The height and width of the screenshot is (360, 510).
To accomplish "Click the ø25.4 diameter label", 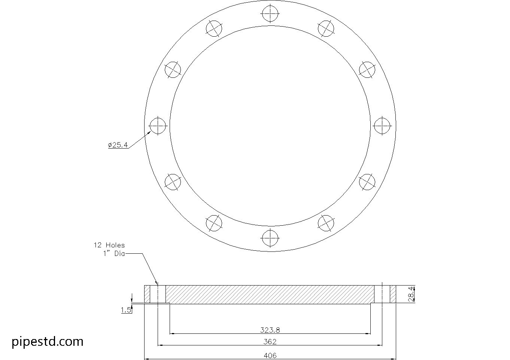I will [x=118, y=145].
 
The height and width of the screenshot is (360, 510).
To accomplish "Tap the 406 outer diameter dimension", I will [x=270, y=355].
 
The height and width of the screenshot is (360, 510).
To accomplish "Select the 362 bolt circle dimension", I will [x=270, y=342].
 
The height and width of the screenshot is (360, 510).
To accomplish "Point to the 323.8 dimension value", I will [x=270, y=330].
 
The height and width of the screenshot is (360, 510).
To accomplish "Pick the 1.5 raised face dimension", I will [x=126, y=310].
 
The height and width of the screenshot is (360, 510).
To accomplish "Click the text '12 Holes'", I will [x=109, y=245].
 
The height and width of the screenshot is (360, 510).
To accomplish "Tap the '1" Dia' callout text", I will [x=114, y=254].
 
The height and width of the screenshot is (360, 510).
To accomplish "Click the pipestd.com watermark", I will [x=48, y=341].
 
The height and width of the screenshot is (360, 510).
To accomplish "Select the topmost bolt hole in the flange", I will [x=270, y=13].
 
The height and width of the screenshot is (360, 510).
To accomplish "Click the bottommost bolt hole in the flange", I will [x=270, y=238].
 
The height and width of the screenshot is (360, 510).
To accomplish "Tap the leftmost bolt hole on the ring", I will [x=158, y=126].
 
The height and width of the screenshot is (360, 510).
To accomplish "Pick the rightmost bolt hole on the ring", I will [x=382, y=126].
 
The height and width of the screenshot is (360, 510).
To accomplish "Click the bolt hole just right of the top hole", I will [x=326, y=28].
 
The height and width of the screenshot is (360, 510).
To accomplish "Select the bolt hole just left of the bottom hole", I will [x=214, y=223].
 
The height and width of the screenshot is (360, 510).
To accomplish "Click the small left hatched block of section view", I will [x=147, y=294].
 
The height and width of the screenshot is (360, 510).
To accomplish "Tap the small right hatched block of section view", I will [x=393, y=294].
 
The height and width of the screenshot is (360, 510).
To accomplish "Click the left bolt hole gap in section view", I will [x=158, y=294].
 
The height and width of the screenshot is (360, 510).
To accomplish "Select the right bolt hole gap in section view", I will [x=382, y=294].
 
